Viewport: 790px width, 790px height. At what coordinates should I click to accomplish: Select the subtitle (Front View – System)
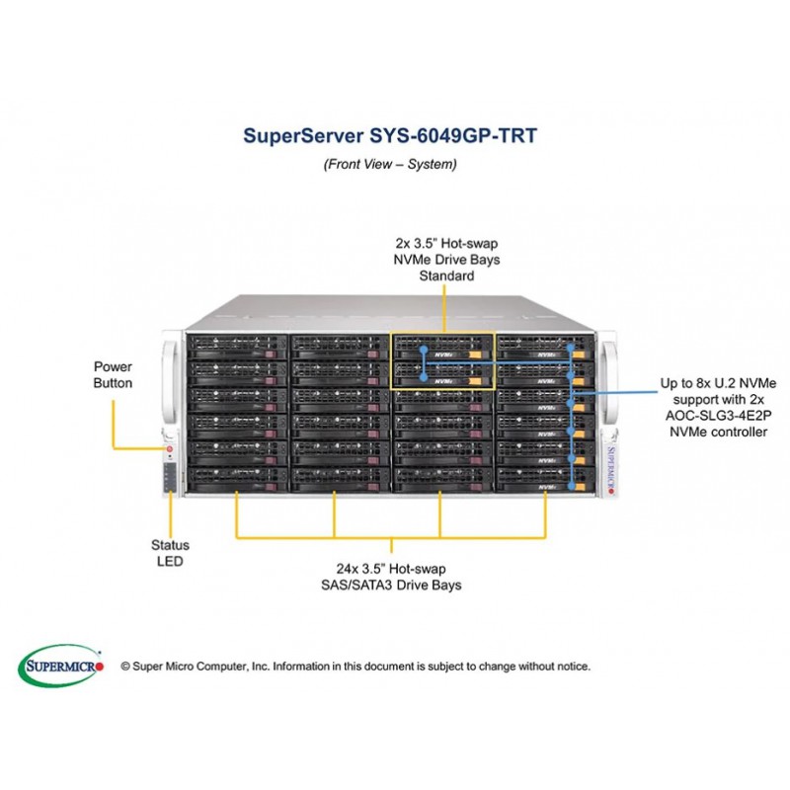click(390, 165)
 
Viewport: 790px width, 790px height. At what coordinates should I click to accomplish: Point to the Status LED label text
click(170, 553)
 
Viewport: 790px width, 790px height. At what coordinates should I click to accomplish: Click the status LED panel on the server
click(169, 478)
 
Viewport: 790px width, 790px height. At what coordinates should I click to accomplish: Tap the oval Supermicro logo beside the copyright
click(61, 666)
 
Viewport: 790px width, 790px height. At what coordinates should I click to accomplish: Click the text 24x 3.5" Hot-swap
click(392, 569)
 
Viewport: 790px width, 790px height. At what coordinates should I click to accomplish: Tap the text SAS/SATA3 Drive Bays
click(392, 586)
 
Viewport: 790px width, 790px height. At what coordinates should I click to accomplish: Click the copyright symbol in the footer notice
click(125, 667)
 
